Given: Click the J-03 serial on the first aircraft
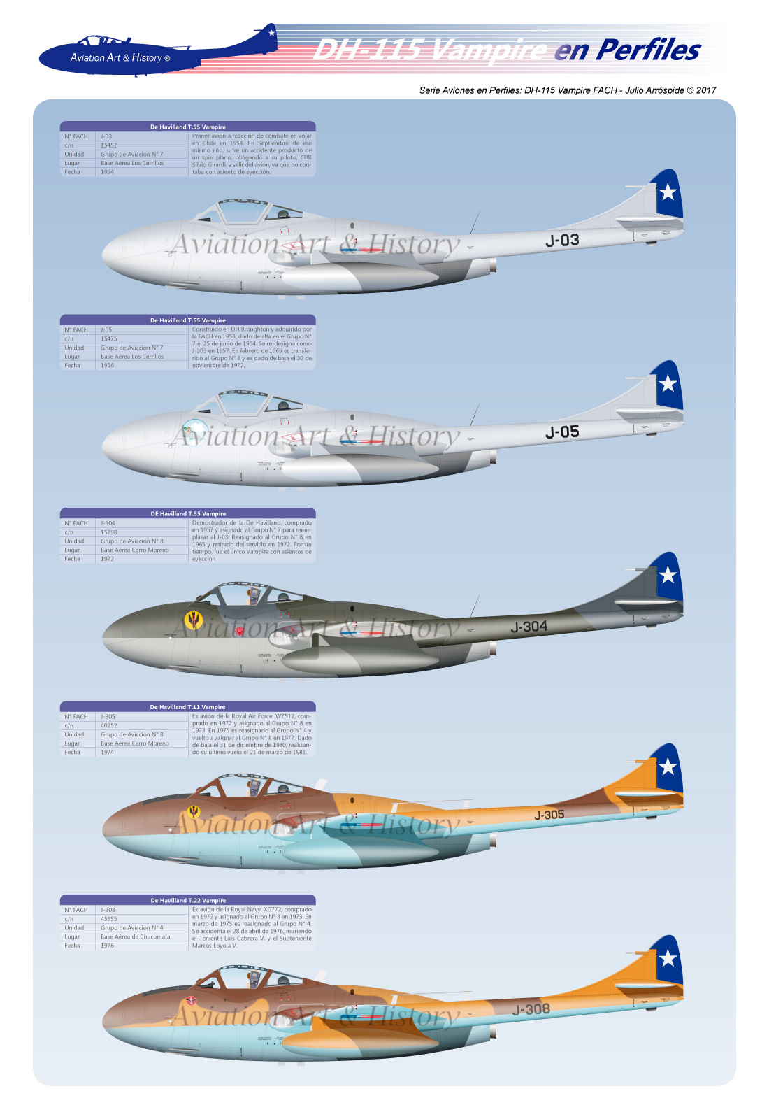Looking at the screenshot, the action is tap(562, 241).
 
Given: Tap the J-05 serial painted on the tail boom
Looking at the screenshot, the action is tap(562, 432).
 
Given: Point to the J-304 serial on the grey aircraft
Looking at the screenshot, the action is tap(529, 627).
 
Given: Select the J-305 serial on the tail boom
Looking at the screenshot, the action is tap(549, 815).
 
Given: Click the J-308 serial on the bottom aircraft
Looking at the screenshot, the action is tap(531, 1009).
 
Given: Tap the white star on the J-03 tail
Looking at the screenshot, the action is tap(668, 191).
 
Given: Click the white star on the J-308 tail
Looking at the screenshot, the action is tap(668, 957).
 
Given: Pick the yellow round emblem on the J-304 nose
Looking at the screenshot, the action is tap(193, 619).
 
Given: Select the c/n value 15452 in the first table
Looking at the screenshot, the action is tap(109, 145).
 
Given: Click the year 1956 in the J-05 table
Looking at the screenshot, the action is tap(107, 365).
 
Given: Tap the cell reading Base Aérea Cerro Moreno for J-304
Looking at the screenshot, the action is tap(135, 550).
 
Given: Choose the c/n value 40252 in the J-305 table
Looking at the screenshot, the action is tap(109, 725).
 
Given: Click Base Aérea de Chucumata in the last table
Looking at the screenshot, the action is tap(135, 936).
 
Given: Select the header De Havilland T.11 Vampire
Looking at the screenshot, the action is tap(187, 707).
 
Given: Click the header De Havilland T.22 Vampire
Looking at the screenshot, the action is tap(187, 900).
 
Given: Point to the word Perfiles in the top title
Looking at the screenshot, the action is tap(647, 50).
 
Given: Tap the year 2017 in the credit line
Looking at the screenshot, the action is tap(706, 90).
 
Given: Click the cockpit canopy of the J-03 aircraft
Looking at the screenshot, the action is tap(241, 211).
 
